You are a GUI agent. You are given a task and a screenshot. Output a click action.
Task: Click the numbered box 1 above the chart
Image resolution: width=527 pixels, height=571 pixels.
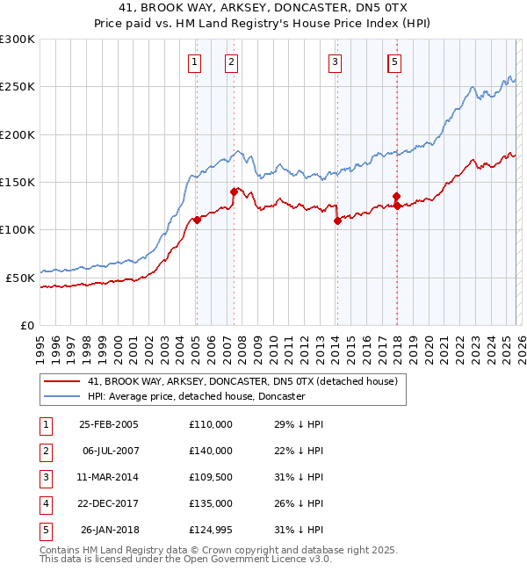pyautogui.click(x=193, y=61)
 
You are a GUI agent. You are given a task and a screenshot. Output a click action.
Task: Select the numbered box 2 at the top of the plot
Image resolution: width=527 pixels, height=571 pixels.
pyautogui.click(x=230, y=61)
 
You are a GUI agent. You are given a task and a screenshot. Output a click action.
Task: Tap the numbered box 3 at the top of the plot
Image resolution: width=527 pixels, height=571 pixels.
pyautogui.click(x=336, y=61)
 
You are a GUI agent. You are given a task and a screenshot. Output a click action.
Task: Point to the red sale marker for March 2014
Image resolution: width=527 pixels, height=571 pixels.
pyautogui.click(x=337, y=221)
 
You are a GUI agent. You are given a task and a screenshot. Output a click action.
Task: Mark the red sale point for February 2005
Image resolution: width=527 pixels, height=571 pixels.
pyautogui.click(x=197, y=220)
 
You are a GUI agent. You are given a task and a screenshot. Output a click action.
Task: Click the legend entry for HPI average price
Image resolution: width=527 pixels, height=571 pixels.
pyautogui.click(x=196, y=396)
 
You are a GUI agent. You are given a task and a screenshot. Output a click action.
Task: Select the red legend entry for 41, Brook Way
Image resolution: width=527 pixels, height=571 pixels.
pyautogui.click(x=242, y=381)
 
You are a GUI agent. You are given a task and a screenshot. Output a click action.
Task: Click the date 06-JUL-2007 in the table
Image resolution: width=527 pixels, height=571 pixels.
pyautogui.click(x=109, y=451)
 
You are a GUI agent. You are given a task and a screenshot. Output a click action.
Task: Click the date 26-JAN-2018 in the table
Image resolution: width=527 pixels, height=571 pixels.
pyautogui.click(x=109, y=530)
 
